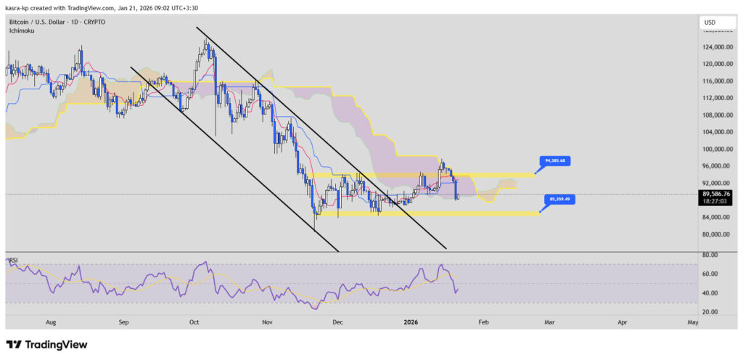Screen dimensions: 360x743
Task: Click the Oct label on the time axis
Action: click(194, 321)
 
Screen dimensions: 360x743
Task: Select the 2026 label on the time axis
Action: click(410, 321)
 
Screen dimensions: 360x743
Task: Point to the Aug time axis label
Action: click(51, 321)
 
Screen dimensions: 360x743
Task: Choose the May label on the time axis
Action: click(692, 321)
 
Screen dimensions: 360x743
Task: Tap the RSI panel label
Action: click(12, 259)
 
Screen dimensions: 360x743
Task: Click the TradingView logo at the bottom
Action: click(46, 345)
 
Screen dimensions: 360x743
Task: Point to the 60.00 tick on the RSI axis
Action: click(711, 274)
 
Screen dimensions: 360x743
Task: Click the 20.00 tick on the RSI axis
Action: click(711, 311)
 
